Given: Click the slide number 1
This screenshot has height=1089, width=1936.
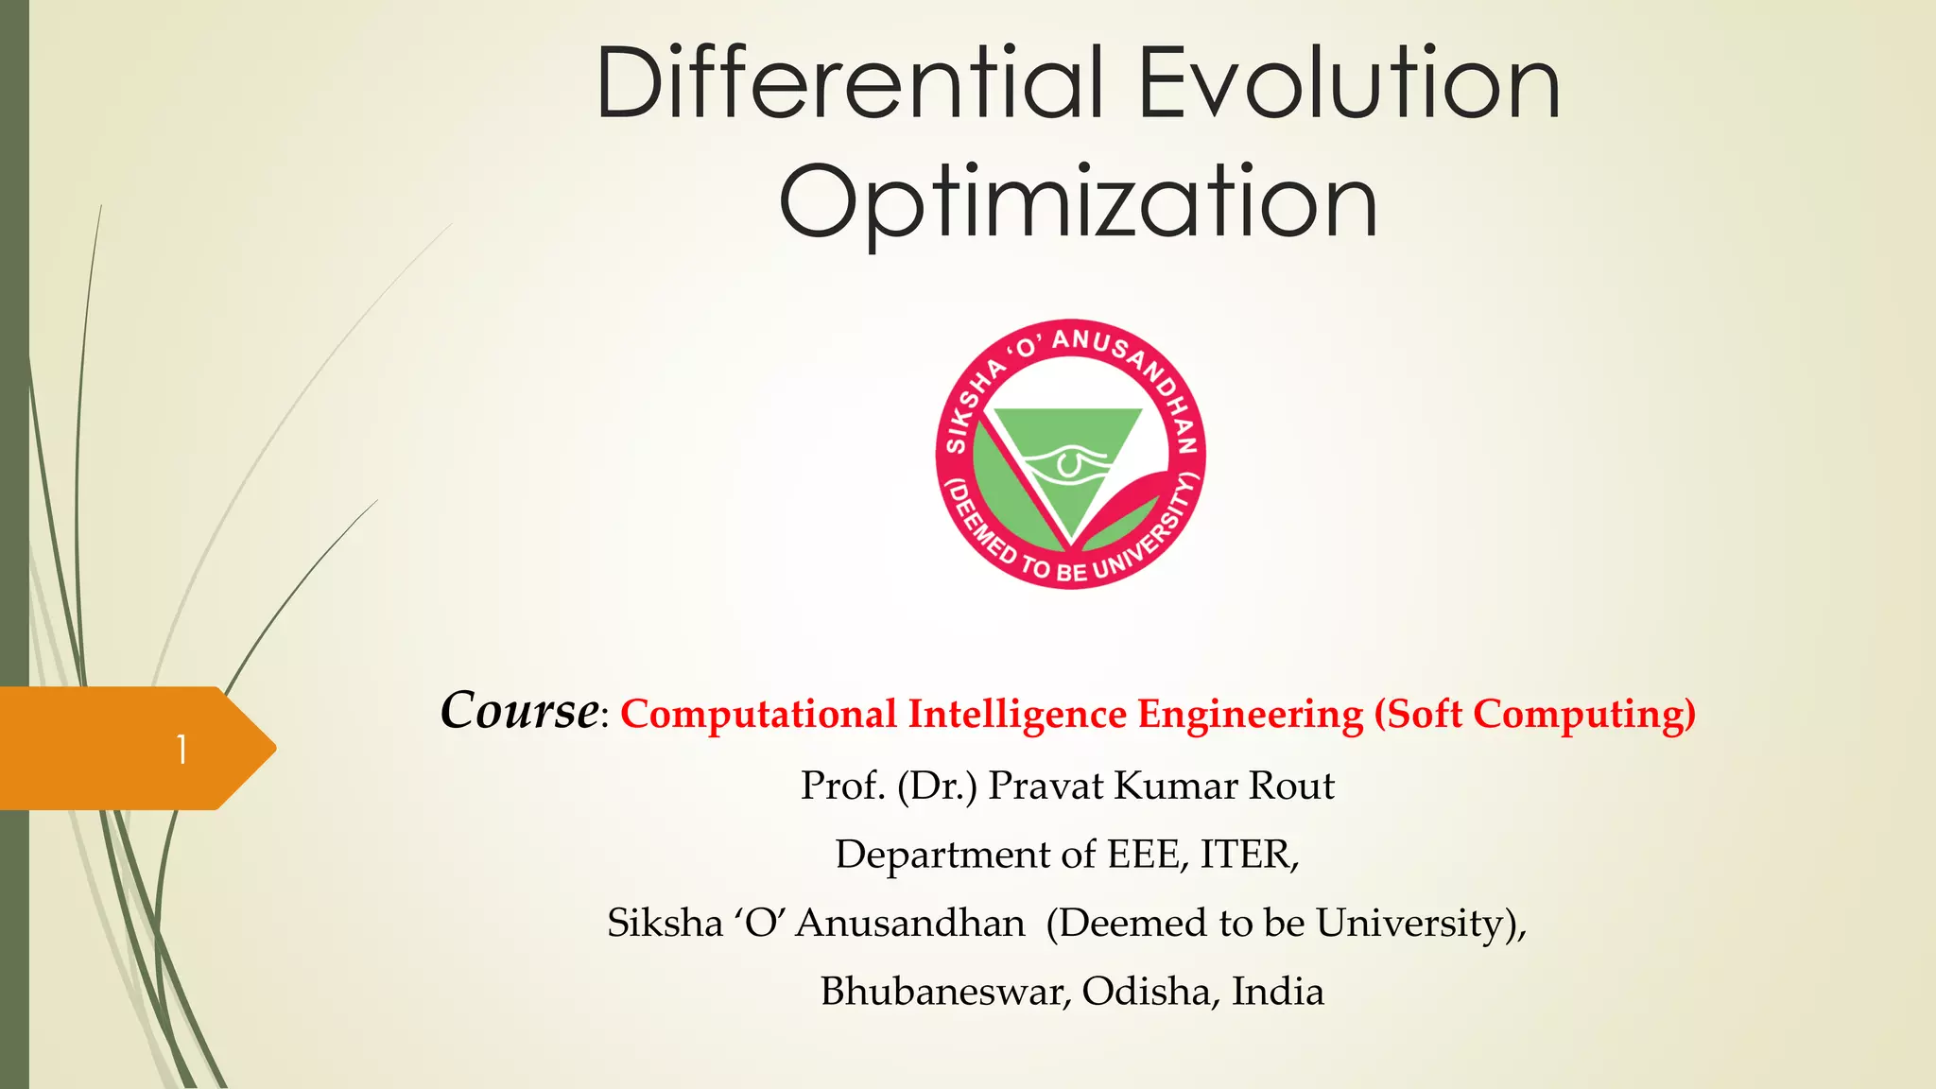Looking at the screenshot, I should point(181,750).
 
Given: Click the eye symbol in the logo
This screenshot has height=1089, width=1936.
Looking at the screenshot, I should point(1065,463).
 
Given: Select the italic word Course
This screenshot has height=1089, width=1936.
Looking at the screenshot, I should point(519,711).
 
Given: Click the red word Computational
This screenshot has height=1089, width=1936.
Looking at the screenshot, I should point(758,715).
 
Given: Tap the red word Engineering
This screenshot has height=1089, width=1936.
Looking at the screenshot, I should point(1250,715).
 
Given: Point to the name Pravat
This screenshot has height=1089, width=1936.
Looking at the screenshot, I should point(1046,786).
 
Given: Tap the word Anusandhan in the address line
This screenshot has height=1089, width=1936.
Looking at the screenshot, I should point(909,923).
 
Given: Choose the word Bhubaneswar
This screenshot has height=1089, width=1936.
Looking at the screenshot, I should point(945,991).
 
